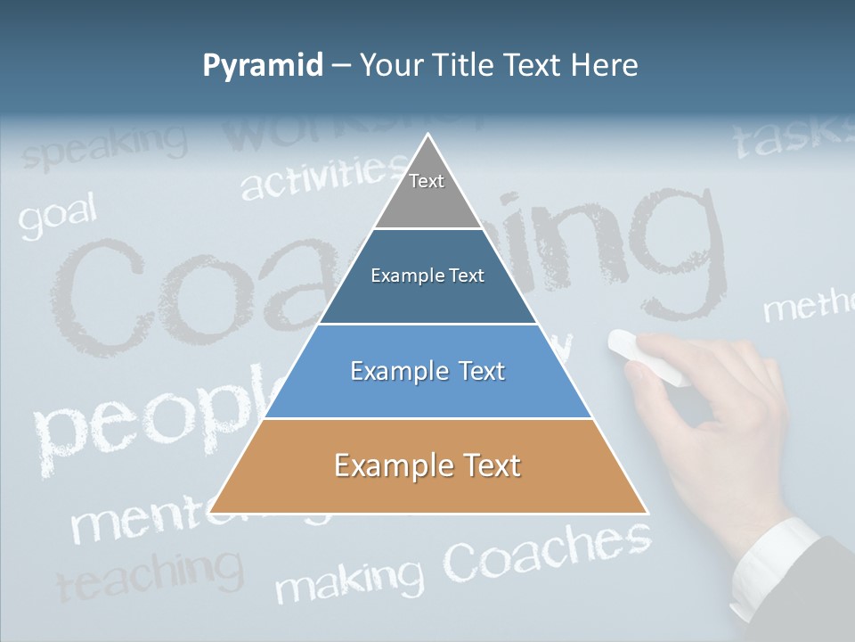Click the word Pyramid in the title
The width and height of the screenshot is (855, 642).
[x=263, y=66]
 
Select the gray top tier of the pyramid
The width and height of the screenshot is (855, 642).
[x=427, y=192]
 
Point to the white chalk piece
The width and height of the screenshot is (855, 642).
[x=647, y=357]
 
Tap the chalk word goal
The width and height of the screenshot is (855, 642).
[x=57, y=218]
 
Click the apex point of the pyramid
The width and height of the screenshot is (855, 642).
[x=428, y=135]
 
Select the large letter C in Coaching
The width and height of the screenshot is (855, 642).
[x=98, y=294]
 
